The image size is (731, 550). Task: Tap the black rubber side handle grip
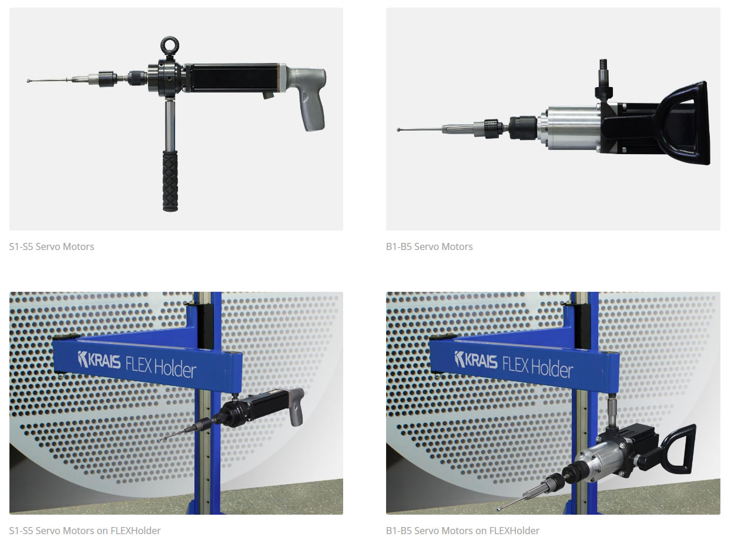pos(170,181)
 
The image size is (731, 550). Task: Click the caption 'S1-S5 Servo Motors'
pos(52,246)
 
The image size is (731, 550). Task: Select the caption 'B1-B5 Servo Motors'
pos(430,246)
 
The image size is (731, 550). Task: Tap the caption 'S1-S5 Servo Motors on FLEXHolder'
pos(85,531)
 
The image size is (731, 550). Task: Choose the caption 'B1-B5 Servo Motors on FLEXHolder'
pos(462,531)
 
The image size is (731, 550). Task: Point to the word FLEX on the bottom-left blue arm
pos(139,364)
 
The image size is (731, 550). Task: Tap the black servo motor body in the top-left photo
pos(233,78)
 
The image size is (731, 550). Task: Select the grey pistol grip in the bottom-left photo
pos(296,407)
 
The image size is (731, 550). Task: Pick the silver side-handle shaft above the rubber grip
pos(170,125)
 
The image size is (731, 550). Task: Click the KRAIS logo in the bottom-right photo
pos(476,359)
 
